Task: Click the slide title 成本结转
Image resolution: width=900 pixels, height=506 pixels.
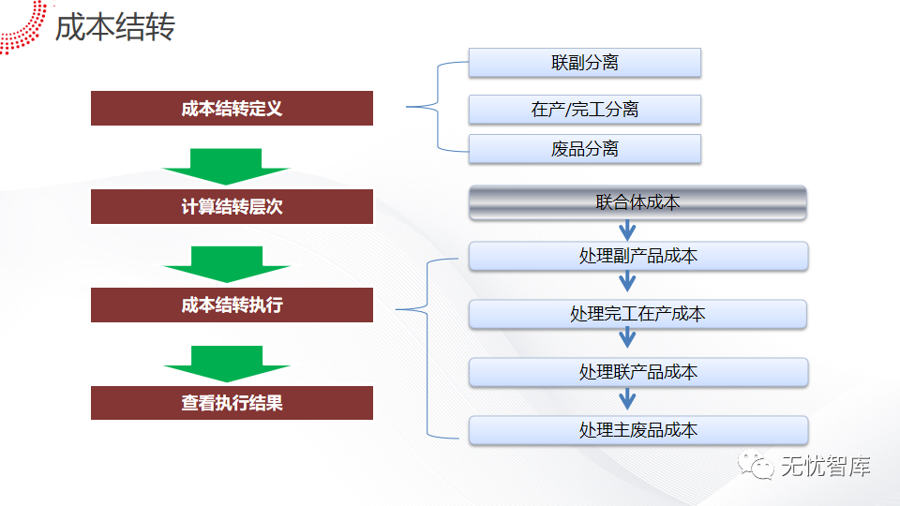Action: point(114,27)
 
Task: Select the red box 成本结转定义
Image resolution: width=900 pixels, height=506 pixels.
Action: point(232,109)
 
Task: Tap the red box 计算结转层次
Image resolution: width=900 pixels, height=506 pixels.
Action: point(232,207)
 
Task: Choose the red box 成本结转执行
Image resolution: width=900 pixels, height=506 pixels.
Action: point(232,305)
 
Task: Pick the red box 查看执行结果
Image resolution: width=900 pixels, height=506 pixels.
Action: point(232,403)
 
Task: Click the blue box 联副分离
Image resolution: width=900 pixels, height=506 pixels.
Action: point(585,63)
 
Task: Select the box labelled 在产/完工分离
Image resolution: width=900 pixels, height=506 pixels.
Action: point(585,110)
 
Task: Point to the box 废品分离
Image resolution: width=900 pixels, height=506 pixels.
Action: point(585,149)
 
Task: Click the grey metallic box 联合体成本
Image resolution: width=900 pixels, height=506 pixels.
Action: point(637,202)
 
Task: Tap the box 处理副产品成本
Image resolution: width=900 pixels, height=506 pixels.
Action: point(637,256)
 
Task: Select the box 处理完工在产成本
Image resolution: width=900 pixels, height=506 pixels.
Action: point(637,314)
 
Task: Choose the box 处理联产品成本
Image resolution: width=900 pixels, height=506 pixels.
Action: point(637,372)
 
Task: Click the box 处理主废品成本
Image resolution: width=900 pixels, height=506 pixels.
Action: point(637,430)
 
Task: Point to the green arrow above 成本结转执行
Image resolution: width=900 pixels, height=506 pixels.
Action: point(226,264)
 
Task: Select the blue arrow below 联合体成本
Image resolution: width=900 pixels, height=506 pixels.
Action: point(627,230)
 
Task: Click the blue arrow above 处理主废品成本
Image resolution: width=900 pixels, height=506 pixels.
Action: point(627,400)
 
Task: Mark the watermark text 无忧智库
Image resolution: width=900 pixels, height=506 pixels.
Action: point(825,466)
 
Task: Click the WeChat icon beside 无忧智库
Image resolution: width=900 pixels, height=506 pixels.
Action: point(756,465)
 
